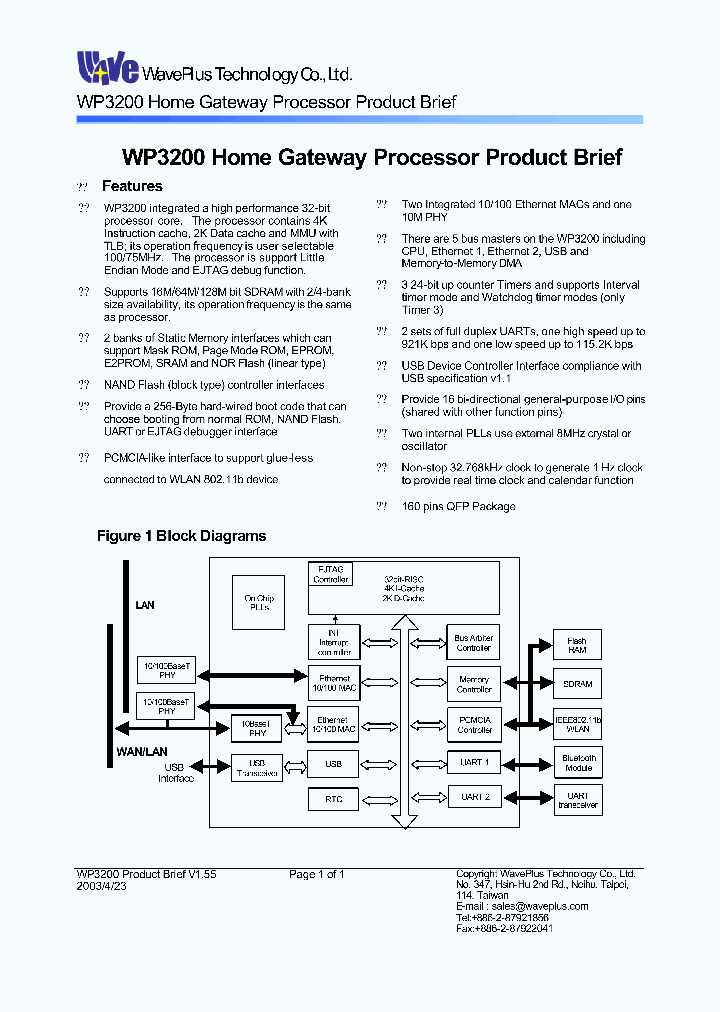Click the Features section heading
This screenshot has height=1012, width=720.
point(132,186)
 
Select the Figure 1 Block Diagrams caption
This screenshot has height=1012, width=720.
point(181,536)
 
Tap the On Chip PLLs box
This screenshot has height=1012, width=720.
point(258,602)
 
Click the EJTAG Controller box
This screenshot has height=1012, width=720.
point(331,574)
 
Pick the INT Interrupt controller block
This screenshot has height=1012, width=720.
point(333,641)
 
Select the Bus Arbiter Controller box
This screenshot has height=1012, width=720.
point(473,642)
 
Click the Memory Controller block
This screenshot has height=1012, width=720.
point(473,684)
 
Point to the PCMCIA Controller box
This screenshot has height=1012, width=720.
point(473,724)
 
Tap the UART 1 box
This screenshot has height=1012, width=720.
point(473,762)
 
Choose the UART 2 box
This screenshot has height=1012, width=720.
point(473,797)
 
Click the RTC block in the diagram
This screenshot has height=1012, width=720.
point(333,799)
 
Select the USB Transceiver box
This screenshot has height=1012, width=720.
point(256,768)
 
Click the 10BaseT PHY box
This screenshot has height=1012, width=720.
point(256,727)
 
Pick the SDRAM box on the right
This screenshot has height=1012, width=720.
point(578,685)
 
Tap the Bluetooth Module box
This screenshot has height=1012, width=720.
point(578,763)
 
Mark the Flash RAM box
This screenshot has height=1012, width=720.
point(578,645)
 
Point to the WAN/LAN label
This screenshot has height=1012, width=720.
point(138,750)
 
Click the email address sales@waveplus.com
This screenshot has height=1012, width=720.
point(521,906)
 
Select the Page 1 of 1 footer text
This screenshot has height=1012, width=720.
point(317,874)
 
